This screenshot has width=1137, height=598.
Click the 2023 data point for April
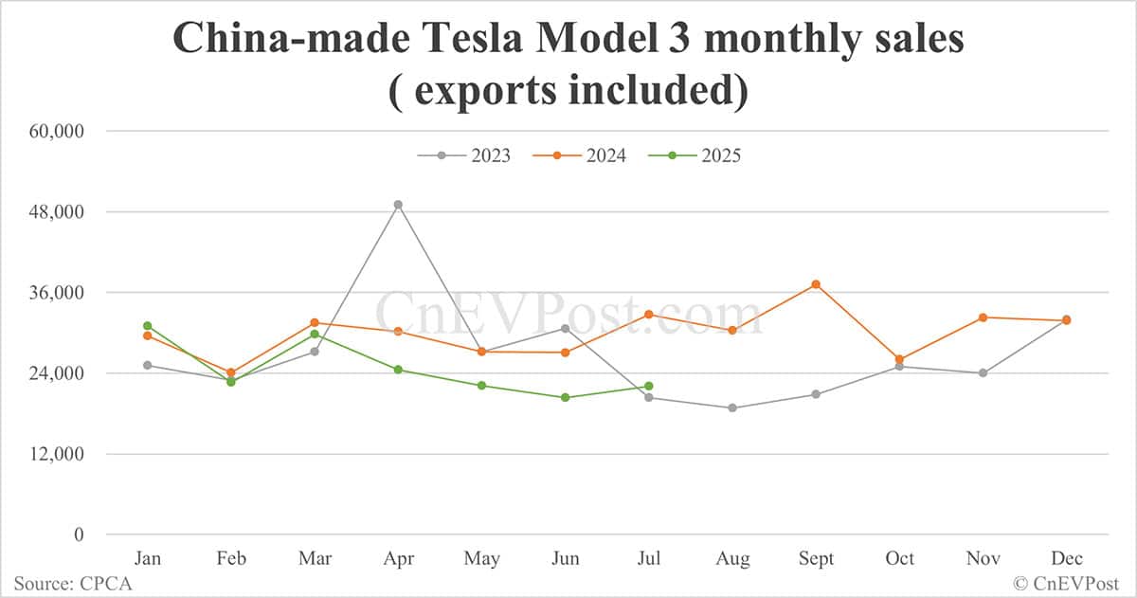[x=398, y=205]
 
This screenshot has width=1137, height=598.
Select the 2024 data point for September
[x=816, y=284]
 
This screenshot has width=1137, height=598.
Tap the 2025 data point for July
[x=649, y=386]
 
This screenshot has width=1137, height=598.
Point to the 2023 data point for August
[x=732, y=408]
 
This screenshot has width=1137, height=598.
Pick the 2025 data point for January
[x=148, y=326]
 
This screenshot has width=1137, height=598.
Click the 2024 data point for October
[x=899, y=360]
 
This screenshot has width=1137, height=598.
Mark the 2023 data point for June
[x=566, y=329]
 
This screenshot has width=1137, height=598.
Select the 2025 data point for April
[x=398, y=370]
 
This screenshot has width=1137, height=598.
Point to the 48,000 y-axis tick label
[x=57, y=211]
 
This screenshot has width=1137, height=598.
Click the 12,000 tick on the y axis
[x=57, y=454]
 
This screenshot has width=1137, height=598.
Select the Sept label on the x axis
[x=816, y=559]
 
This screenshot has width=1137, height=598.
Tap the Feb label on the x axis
[x=231, y=559]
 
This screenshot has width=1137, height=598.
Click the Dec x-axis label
[x=1066, y=559]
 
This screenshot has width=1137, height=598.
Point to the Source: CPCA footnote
[x=73, y=584]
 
